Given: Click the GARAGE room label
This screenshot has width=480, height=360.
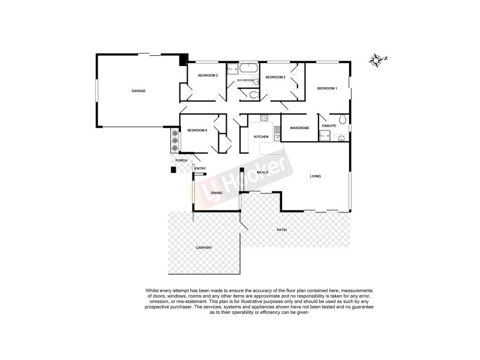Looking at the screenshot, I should point(139,91).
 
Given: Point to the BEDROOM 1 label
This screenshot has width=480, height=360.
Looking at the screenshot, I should point(327,89).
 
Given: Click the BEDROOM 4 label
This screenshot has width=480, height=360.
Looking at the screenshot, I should point(196,131).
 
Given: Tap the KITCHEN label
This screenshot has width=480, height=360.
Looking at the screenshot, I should point(261,137).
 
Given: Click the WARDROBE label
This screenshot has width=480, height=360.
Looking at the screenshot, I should point(299,128).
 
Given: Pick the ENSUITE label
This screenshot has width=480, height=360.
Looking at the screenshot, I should point(329,125).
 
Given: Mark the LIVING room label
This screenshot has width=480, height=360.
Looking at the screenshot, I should point(316,176).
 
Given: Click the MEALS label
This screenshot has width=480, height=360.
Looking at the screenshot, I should point(262,172).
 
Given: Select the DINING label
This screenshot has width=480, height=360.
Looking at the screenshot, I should point(217,193).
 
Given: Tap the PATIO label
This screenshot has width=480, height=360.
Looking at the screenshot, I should point(281,230).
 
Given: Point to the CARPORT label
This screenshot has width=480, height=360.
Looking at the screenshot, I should point(204,248).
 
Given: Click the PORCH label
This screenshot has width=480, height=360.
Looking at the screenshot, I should point(181,161).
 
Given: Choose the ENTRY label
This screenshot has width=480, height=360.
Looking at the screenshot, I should point(200,169).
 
